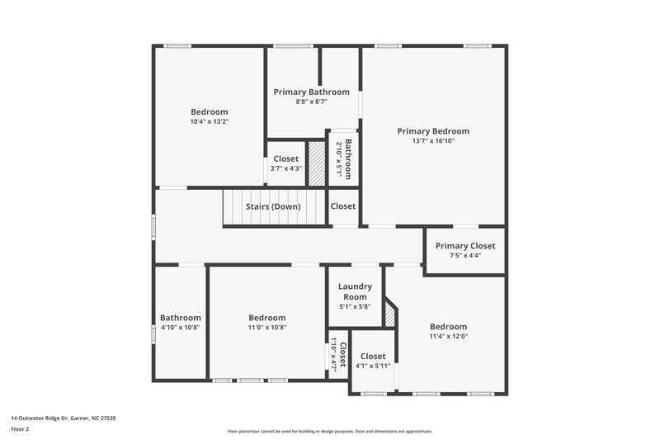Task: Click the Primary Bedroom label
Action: click(x=432, y=131)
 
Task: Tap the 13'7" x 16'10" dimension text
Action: click(x=432, y=141)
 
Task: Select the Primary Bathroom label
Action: click(x=311, y=92)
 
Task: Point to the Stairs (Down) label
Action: click(x=273, y=206)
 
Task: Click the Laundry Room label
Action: click(x=355, y=291)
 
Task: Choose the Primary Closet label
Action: click(x=465, y=245)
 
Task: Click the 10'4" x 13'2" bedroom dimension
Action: click(x=209, y=122)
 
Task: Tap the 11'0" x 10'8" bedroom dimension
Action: click(x=266, y=328)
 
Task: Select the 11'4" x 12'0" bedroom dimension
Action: click(x=448, y=336)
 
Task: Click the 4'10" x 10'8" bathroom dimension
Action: click(x=180, y=328)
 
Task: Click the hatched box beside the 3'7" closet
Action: click(x=317, y=156)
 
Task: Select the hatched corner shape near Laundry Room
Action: click(x=391, y=317)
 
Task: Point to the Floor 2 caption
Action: click(x=20, y=429)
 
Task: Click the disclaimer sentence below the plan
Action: click(x=329, y=431)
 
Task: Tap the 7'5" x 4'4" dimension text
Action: click(x=465, y=255)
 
